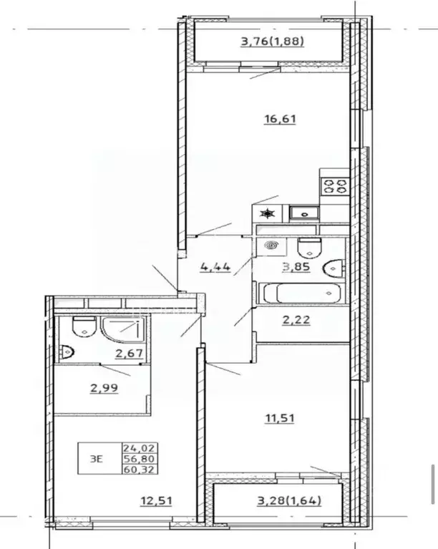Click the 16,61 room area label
(x=280, y=119)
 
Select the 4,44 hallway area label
(x=215, y=267)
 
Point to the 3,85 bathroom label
(x=296, y=267)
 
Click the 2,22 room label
(x=296, y=320)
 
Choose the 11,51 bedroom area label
(x=280, y=418)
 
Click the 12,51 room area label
(x=156, y=500)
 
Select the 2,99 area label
(x=104, y=388)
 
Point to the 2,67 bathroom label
(x=130, y=354)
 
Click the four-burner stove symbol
(x=335, y=186)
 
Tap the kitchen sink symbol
(x=304, y=213)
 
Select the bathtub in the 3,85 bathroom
(x=302, y=293)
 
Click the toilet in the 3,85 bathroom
(x=309, y=247)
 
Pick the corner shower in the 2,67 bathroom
(x=122, y=329)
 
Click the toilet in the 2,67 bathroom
(x=84, y=326)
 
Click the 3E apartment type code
(x=97, y=459)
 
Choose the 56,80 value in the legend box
(x=139, y=459)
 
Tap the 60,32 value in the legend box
(x=139, y=470)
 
